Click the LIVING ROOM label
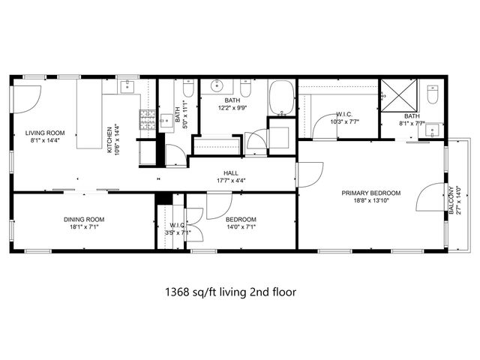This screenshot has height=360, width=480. click(40, 133)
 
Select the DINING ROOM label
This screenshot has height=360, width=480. click(83, 220)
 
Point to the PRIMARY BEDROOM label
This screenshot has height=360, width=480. click(370, 193)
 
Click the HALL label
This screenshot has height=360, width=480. click(230, 172)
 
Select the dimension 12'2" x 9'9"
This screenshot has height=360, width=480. click(230, 107)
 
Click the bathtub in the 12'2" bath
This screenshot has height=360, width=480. click(283, 97)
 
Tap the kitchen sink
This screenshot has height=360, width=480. click(128, 86)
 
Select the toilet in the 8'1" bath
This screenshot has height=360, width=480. click(432, 95)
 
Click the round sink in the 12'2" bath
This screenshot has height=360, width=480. click(217, 85)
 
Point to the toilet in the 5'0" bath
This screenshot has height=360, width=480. click(188, 91)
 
